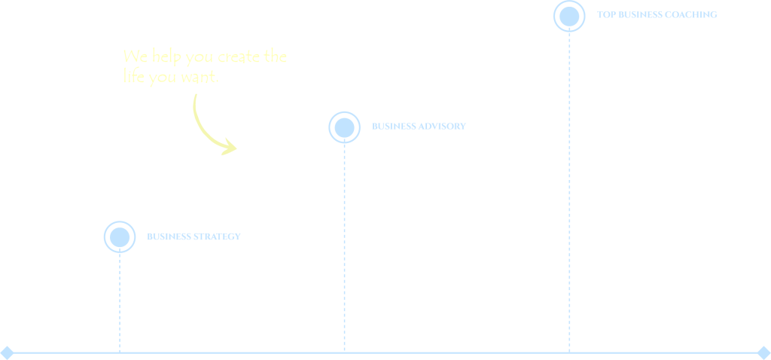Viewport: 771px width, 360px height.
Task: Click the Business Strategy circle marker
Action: point(119,236)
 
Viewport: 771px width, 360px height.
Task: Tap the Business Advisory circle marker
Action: point(344,127)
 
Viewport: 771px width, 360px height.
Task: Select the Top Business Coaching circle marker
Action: point(569,15)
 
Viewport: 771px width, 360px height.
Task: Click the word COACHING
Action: point(691,14)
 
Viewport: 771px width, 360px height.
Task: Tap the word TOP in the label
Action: point(605,14)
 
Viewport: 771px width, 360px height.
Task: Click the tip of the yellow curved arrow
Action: point(235,148)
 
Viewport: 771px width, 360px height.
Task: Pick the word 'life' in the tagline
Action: point(133,76)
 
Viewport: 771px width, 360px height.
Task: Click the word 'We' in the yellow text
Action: point(132,57)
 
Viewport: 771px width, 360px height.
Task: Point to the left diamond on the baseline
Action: point(7,352)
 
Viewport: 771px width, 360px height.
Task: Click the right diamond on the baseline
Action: point(763,352)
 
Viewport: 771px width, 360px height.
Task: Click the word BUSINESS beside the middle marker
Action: point(395,127)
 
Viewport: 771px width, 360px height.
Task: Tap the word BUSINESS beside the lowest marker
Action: point(169,236)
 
